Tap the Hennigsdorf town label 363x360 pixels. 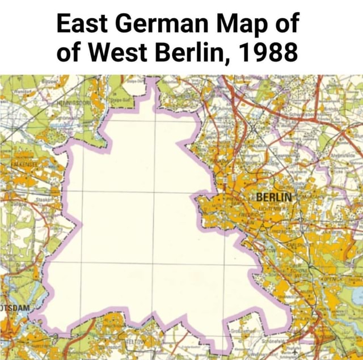tap(73, 105)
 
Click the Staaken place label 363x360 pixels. tap(44, 200)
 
